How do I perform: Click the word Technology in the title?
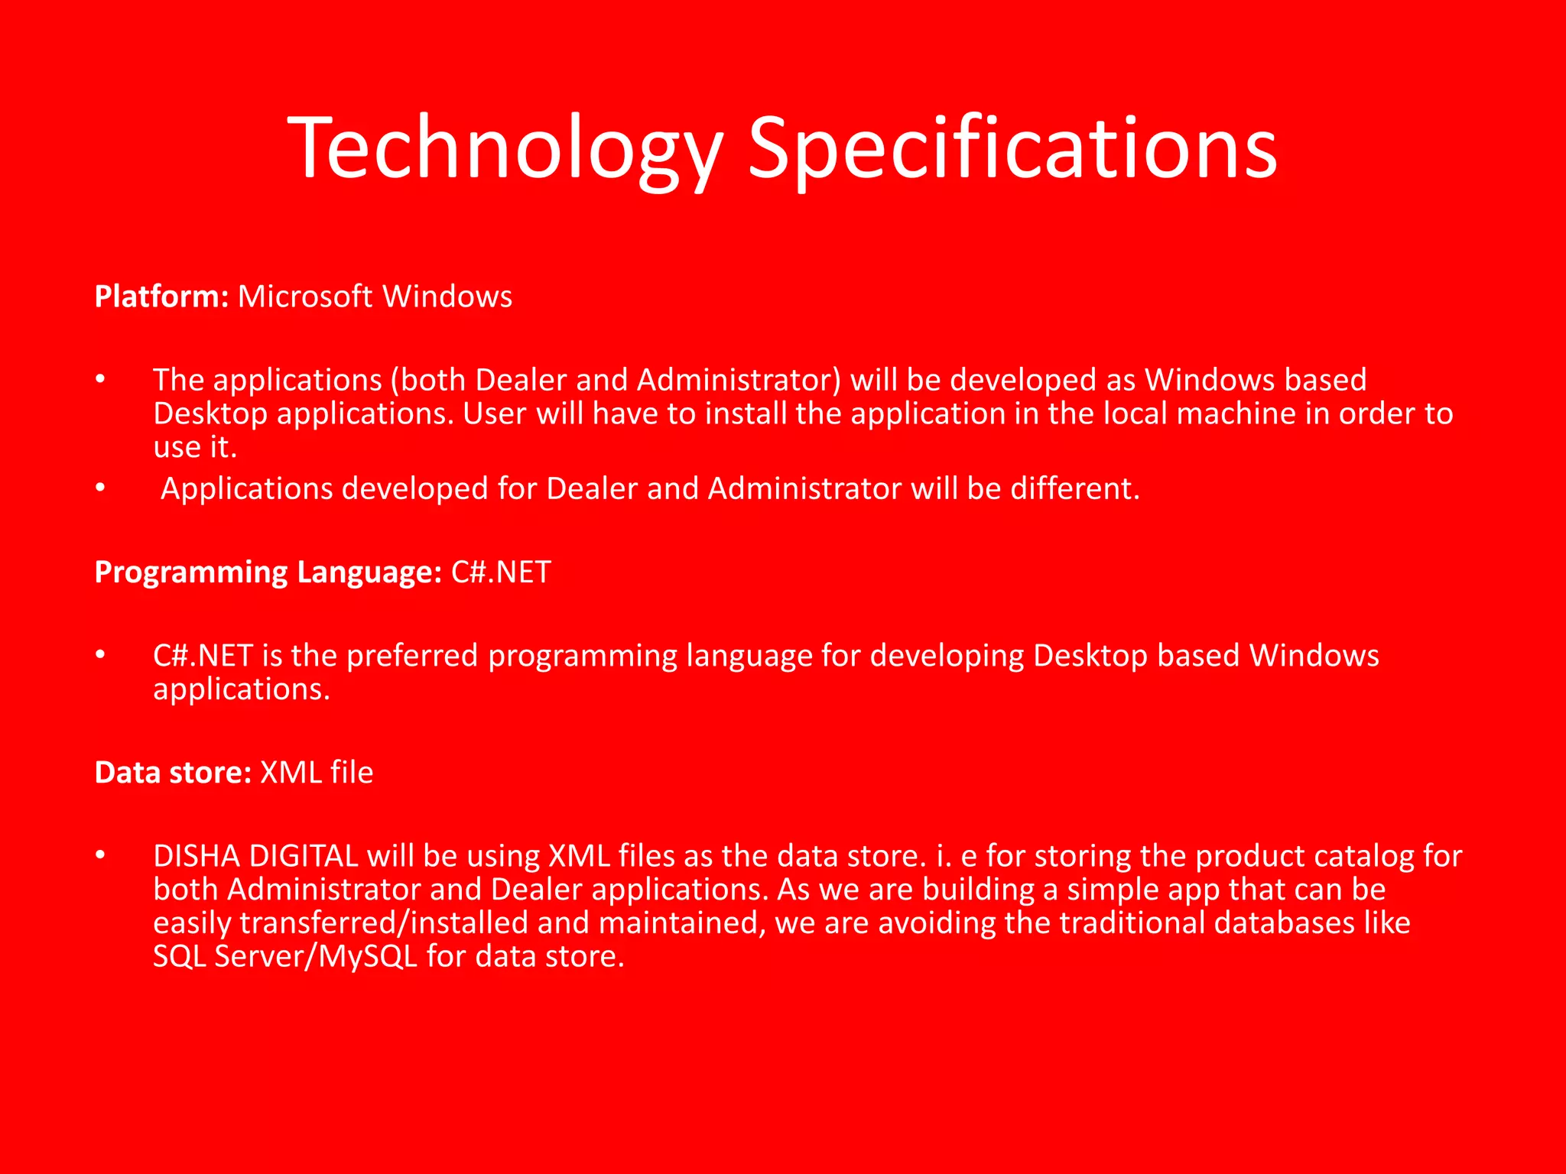505,149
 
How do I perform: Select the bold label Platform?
161,297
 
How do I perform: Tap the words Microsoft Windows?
375,297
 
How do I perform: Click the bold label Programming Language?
268,572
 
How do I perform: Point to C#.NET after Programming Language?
501,572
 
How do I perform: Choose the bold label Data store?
173,773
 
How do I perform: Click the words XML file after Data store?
317,773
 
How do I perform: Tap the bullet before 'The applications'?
100,379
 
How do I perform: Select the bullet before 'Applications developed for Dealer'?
100,488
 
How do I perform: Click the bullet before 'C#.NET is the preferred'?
100,655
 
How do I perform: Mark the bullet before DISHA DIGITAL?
100,855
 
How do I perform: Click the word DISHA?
197,856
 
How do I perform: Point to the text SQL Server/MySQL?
285,956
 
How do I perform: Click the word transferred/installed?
383,923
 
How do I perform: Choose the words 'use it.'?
195,447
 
